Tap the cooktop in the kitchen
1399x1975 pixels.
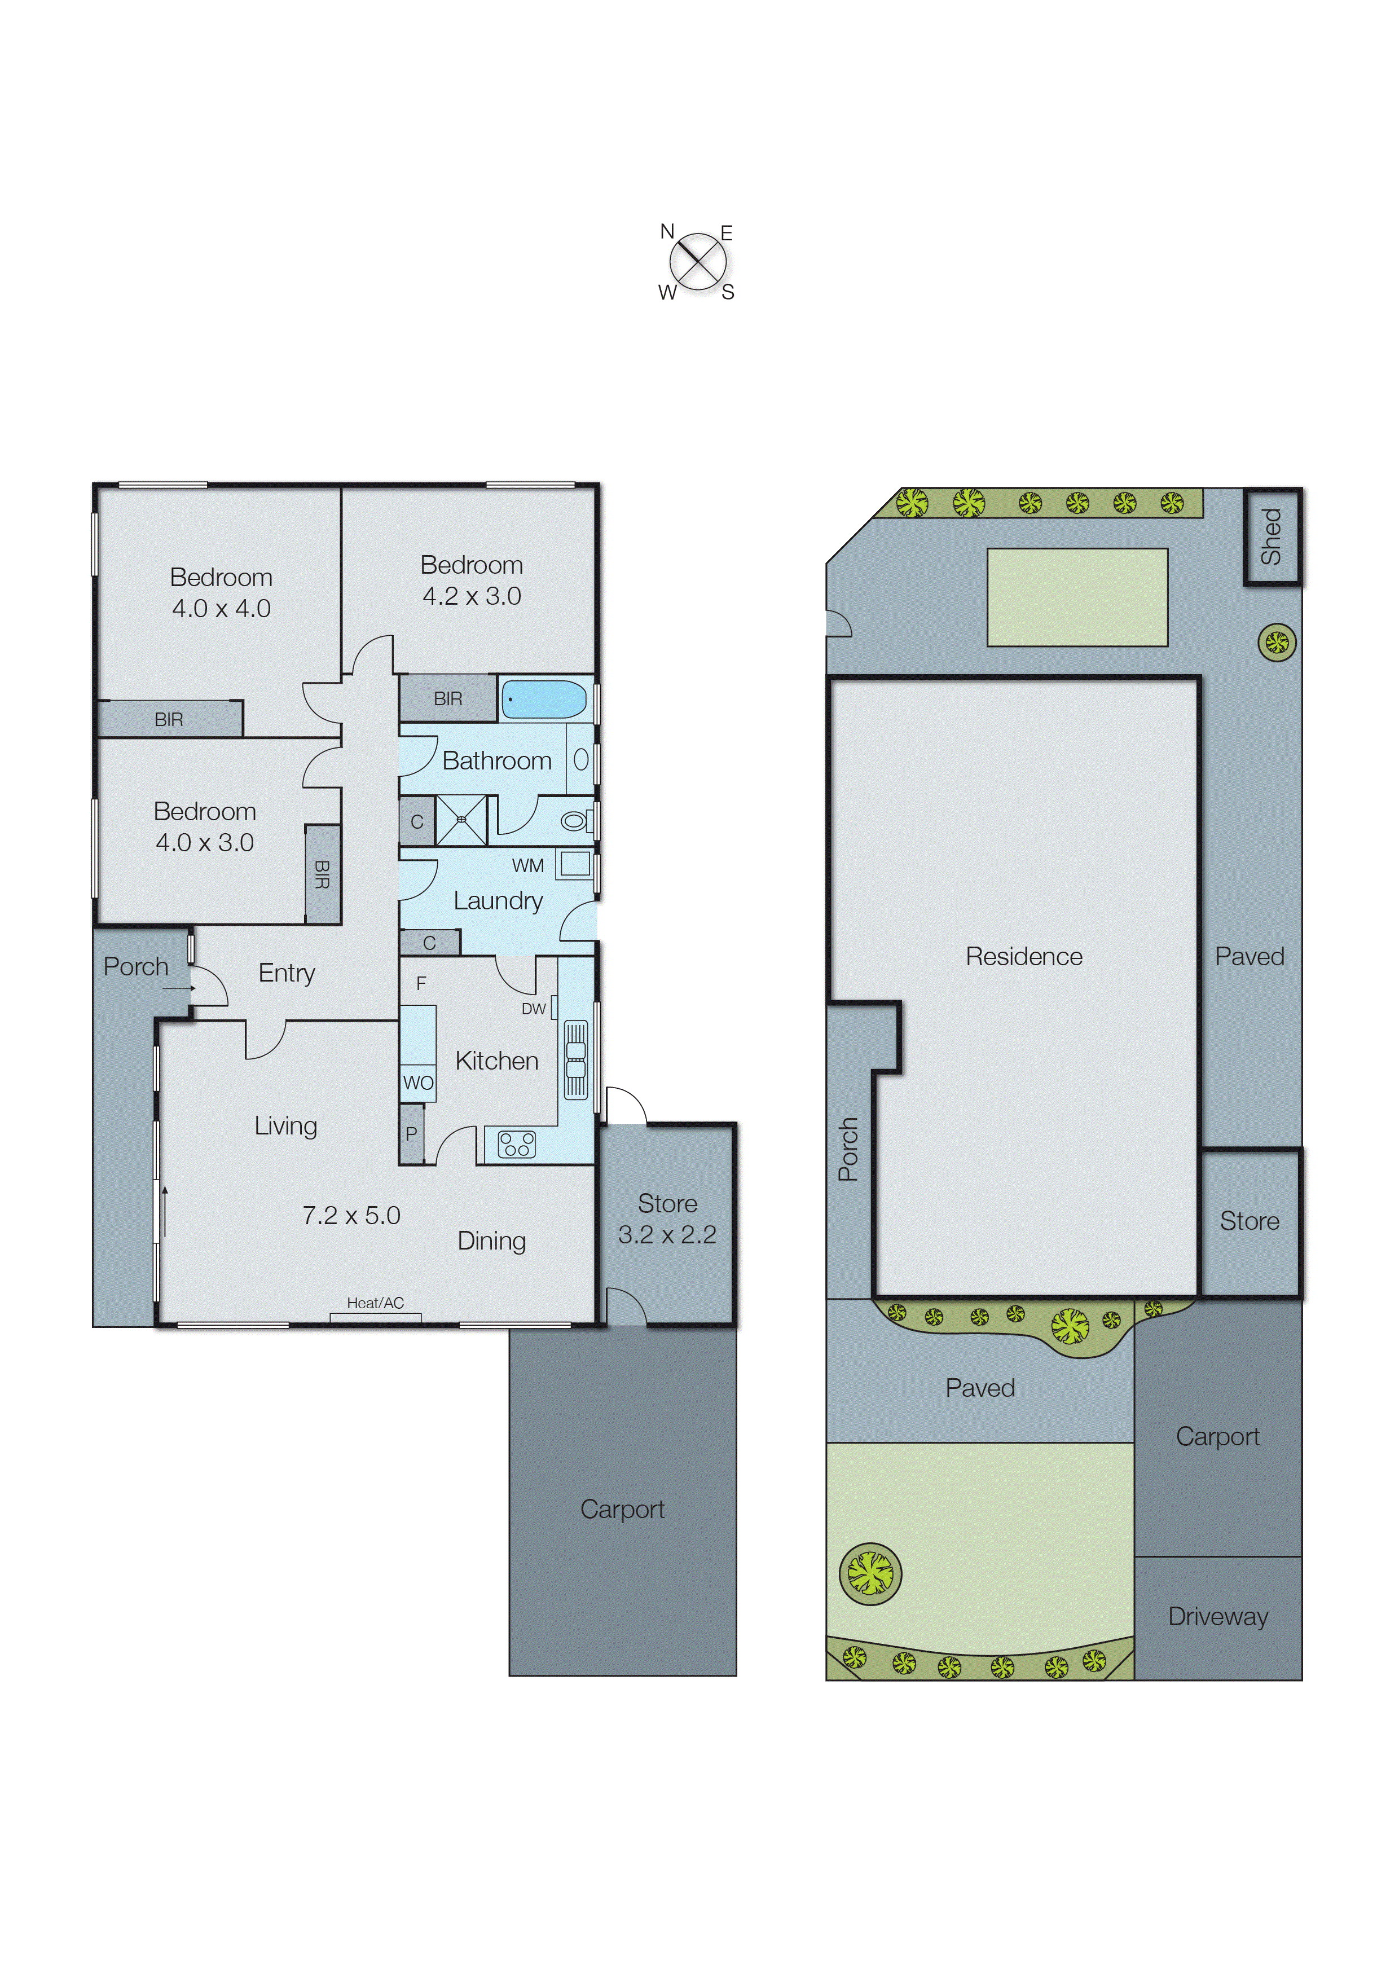(x=517, y=1145)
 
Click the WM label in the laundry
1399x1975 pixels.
(x=527, y=865)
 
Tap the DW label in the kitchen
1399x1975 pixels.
(x=533, y=1009)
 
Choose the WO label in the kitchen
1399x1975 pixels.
(x=418, y=1083)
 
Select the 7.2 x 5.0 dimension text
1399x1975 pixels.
(x=351, y=1215)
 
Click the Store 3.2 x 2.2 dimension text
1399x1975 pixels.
(x=667, y=1234)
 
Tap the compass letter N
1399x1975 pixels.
(x=667, y=231)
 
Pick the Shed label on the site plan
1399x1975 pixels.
(x=1272, y=536)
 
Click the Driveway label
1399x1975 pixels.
(x=1217, y=1617)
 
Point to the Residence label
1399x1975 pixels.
(x=1023, y=956)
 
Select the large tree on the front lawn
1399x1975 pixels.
(x=870, y=1574)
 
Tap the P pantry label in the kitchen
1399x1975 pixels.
(x=411, y=1133)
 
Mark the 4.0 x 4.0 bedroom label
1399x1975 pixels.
(x=221, y=608)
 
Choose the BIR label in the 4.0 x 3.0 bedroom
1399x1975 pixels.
(x=322, y=875)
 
